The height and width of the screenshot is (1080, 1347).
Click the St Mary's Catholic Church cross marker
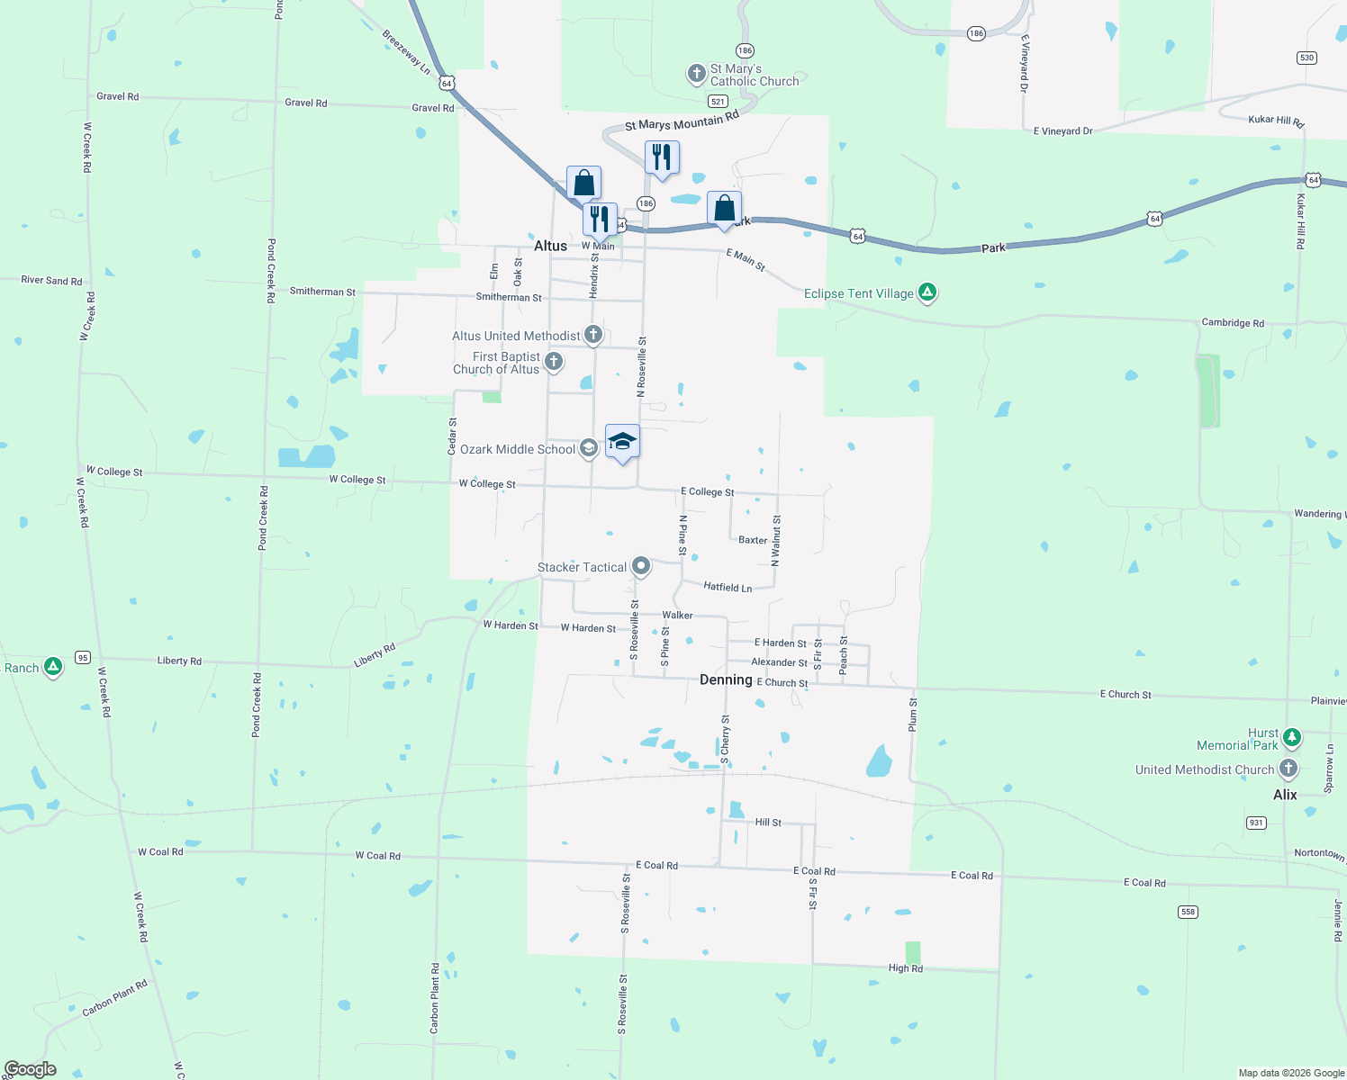click(696, 74)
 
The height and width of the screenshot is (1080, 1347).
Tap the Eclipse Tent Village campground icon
click(927, 292)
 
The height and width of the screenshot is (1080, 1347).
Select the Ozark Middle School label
click(518, 449)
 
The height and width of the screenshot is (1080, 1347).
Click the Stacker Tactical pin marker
click(641, 566)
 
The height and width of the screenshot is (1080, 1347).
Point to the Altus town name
click(550, 246)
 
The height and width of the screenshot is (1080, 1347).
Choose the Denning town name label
click(726, 679)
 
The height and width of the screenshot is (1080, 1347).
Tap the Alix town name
click(1285, 795)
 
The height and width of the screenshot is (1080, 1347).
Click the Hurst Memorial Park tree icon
click(1292, 738)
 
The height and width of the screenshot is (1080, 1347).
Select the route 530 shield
click(1306, 58)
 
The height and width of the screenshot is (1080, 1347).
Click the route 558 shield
click(1188, 912)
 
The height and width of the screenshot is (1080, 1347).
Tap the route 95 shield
click(83, 657)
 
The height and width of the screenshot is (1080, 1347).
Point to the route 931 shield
click(1256, 823)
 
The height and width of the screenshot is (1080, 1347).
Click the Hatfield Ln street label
click(728, 588)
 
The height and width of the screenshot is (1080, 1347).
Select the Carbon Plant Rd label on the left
click(114, 997)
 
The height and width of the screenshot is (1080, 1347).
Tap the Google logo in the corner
click(31, 1069)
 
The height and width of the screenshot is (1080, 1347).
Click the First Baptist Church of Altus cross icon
click(554, 362)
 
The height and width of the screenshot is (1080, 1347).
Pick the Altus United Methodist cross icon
click(593, 335)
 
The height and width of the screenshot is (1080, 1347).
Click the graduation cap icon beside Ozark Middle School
click(622, 441)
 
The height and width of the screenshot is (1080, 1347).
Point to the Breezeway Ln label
click(406, 52)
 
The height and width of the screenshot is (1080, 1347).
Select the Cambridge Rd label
click(1233, 322)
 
